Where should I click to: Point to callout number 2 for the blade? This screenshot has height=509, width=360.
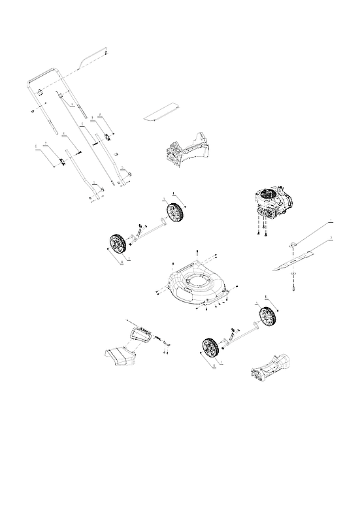click(x=331, y=238)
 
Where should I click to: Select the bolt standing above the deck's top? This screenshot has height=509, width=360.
click(x=197, y=254)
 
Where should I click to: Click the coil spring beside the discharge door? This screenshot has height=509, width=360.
click(x=157, y=337)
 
